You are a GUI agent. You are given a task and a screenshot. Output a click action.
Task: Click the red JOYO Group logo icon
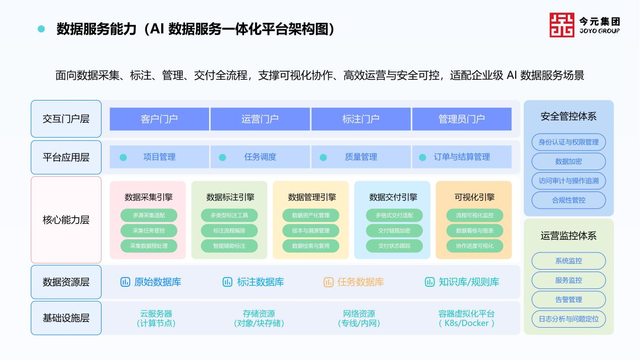click(x=562, y=25)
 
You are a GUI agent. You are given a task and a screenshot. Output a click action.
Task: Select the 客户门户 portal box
click(x=159, y=119)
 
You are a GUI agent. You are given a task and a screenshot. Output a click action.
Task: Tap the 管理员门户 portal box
click(x=462, y=119)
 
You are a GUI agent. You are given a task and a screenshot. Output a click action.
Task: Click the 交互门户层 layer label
click(x=66, y=119)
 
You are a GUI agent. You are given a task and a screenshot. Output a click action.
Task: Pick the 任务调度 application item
click(x=260, y=157)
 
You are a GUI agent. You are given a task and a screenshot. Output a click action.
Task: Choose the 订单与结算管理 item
click(x=462, y=157)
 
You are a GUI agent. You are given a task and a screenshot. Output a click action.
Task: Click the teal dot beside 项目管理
click(x=123, y=158)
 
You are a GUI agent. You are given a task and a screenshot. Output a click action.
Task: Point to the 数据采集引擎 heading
click(x=148, y=197)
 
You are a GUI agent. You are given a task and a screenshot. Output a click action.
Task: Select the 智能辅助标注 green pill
click(x=229, y=246)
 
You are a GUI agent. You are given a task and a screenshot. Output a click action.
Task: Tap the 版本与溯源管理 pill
click(x=311, y=231)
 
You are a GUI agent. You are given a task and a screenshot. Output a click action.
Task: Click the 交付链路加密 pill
click(x=394, y=231)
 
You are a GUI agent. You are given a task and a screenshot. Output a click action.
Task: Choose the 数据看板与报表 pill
click(x=475, y=231)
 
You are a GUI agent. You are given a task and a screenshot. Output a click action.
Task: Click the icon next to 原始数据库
click(x=125, y=282)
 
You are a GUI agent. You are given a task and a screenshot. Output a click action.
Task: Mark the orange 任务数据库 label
click(x=361, y=282)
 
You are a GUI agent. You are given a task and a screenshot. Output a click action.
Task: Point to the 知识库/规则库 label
click(x=469, y=282)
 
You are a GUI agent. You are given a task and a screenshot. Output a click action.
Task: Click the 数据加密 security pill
click(x=568, y=162)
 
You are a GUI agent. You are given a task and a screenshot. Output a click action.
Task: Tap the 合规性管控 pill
click(x=568, y=200)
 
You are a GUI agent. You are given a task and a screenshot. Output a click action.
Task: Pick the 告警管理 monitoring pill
click(x=568, y=299)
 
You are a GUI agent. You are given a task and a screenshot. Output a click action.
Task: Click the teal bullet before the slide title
click(x=41, y=29)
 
